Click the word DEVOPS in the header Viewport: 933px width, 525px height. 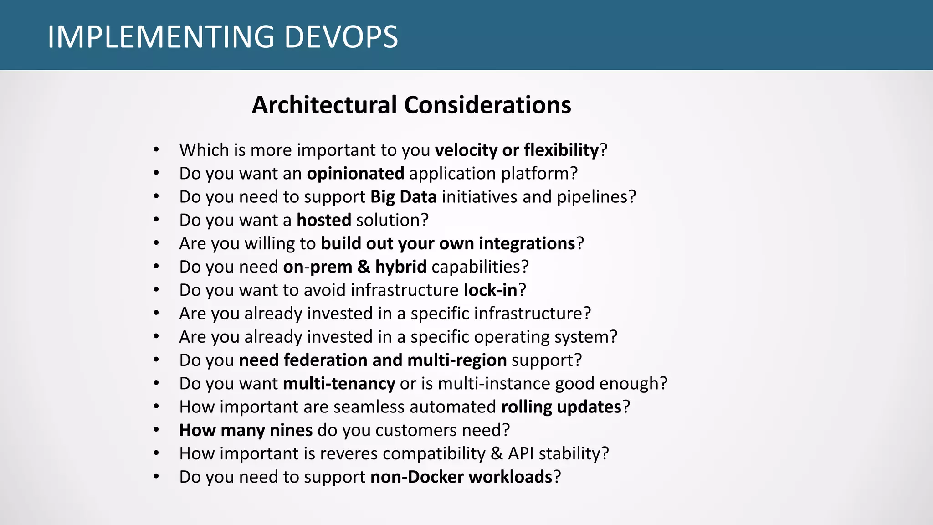point(341,37)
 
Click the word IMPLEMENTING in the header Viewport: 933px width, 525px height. point(161,37)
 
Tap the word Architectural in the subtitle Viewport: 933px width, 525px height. point(324,105)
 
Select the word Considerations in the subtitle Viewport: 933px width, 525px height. point(487,105)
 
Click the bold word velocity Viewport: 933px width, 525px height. point(466,150)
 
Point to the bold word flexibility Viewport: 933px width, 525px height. point(561,150)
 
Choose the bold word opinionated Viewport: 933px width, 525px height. point(355,174)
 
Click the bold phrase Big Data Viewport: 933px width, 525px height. point(404,197)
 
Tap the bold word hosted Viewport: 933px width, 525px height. point(324,220)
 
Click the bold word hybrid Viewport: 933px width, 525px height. point(401,267)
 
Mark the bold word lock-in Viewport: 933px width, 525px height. point(491,290)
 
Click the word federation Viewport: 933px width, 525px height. point(325,360)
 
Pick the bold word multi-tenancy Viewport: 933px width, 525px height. point(339,384)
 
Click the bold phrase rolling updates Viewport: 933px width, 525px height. point(561,407)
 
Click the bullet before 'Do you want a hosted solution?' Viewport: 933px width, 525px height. point(156,220)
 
